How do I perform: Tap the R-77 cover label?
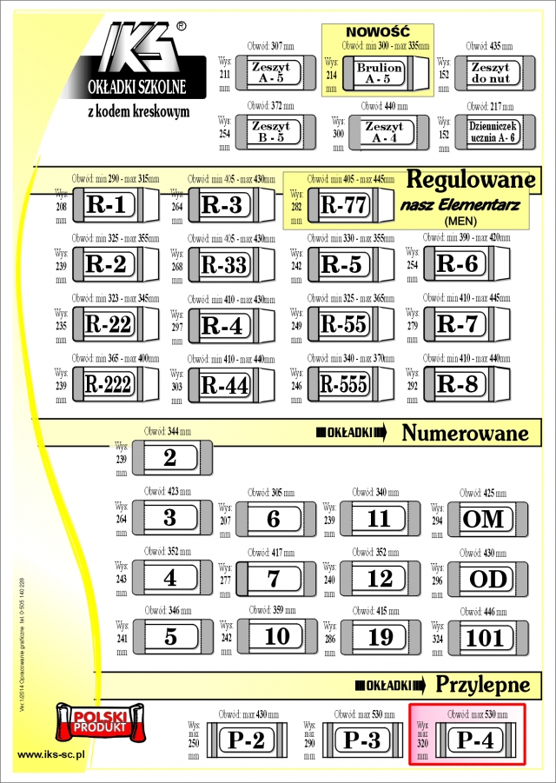point(345,206)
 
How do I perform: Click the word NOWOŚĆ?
point(375,31)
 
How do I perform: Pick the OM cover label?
point(484,519)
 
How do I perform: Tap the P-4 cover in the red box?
point(475,741)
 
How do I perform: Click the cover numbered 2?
point(170,458)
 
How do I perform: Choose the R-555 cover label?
point(344,384)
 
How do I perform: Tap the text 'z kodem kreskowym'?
point(139,112)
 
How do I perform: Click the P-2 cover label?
point(247,740)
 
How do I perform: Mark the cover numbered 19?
point(381,637)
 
